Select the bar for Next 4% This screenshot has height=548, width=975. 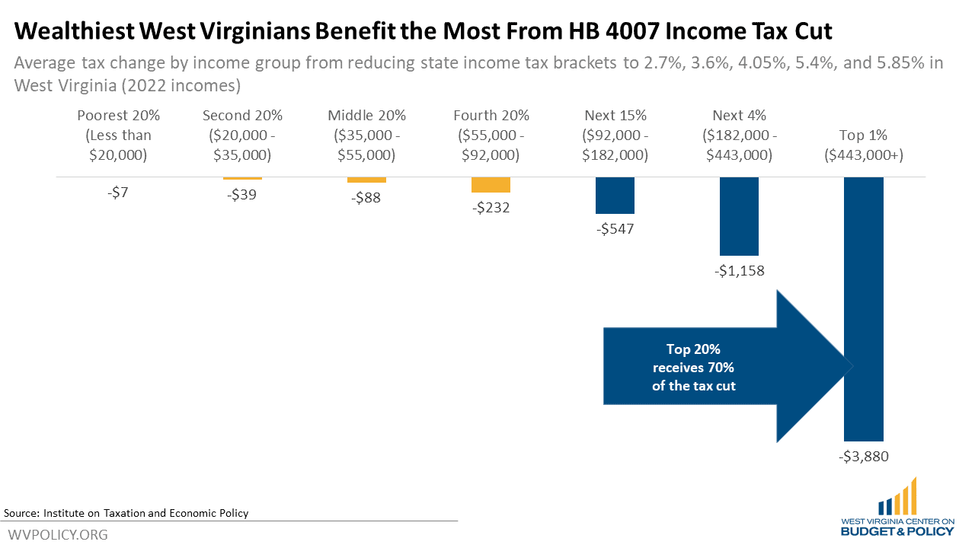[739, 216]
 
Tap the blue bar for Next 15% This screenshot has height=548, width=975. [615, 195]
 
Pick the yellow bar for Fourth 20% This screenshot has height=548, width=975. [491, 185]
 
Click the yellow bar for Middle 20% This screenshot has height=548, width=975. [366, 180]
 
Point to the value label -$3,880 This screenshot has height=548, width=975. [864, 457]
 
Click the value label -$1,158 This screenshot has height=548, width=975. [739, 270]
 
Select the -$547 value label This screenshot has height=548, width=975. [615, 228]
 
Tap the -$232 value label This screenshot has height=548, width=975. [491, 207]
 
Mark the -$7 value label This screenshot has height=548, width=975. [118, 193]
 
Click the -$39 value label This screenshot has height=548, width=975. [242, 195]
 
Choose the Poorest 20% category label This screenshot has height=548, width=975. [119, 135]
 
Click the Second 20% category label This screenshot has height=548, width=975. [242, 135]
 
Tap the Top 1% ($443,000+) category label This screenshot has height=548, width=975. [863, 145]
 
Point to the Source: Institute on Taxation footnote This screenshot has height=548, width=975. [126, 513]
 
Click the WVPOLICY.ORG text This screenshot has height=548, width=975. [58, 534]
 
